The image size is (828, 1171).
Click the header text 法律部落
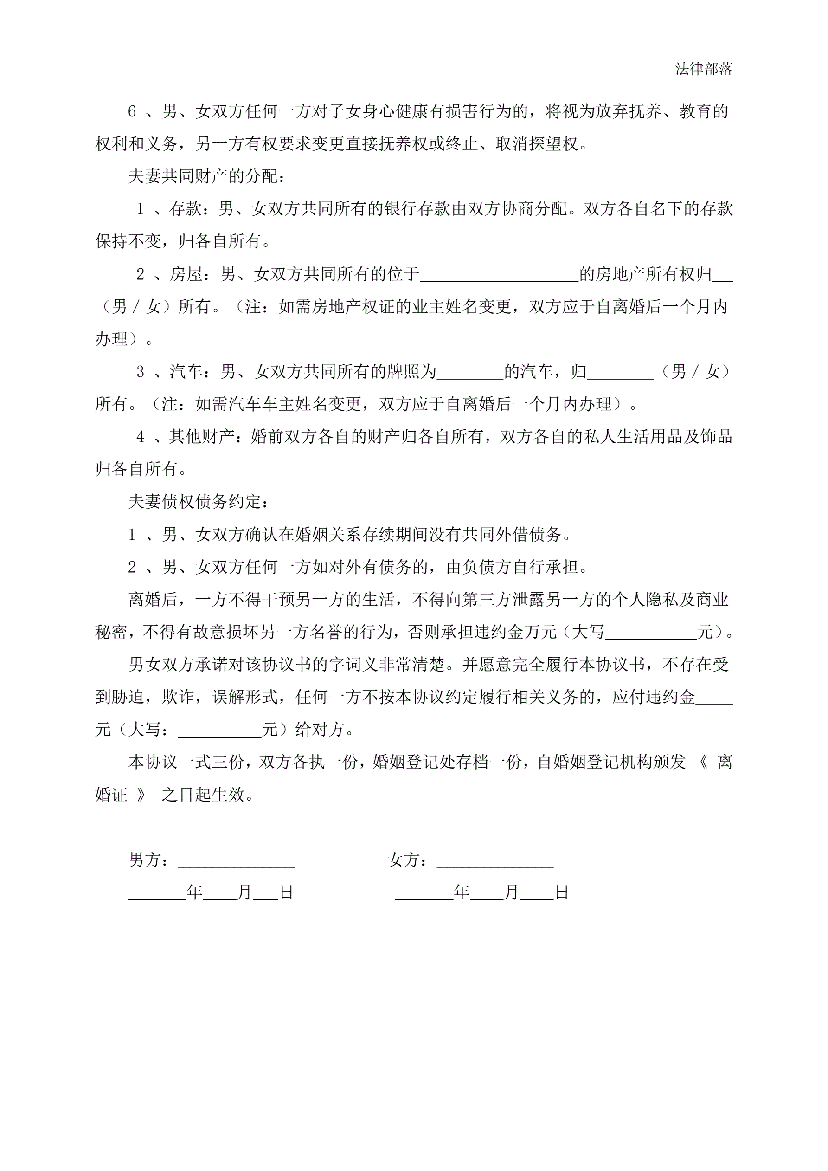(x=704, y=69)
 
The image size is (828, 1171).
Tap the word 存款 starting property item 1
(x=185, y=208)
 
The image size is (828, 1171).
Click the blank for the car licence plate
(x=470, y=372)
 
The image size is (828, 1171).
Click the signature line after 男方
(x=236, y=860)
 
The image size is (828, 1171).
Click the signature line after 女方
(x=495, y=860)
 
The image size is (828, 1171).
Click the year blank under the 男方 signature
(x=157, y=893)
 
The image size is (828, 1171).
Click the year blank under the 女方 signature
(x=424, y=893)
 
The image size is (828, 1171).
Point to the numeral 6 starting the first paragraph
(x=132, y=111)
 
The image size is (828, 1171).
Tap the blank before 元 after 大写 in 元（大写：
(x=220, y=730)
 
